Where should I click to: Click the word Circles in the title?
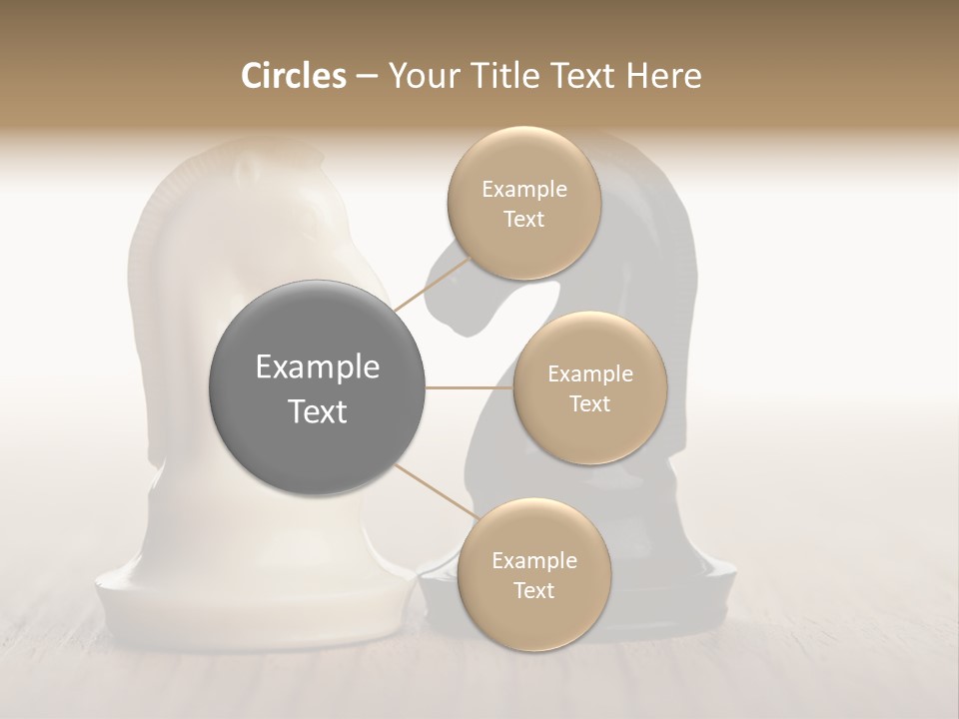pos(293,76)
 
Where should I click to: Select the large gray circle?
pos(318,387)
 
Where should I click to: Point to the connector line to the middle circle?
pos(470,387)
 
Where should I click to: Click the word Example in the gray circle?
pos(318,366)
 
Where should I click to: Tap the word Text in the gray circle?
pos(318,411)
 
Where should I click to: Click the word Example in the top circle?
pos(523,189)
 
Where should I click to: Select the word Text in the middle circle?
pos(589,403)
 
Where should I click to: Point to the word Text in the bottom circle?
pos(533,590)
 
